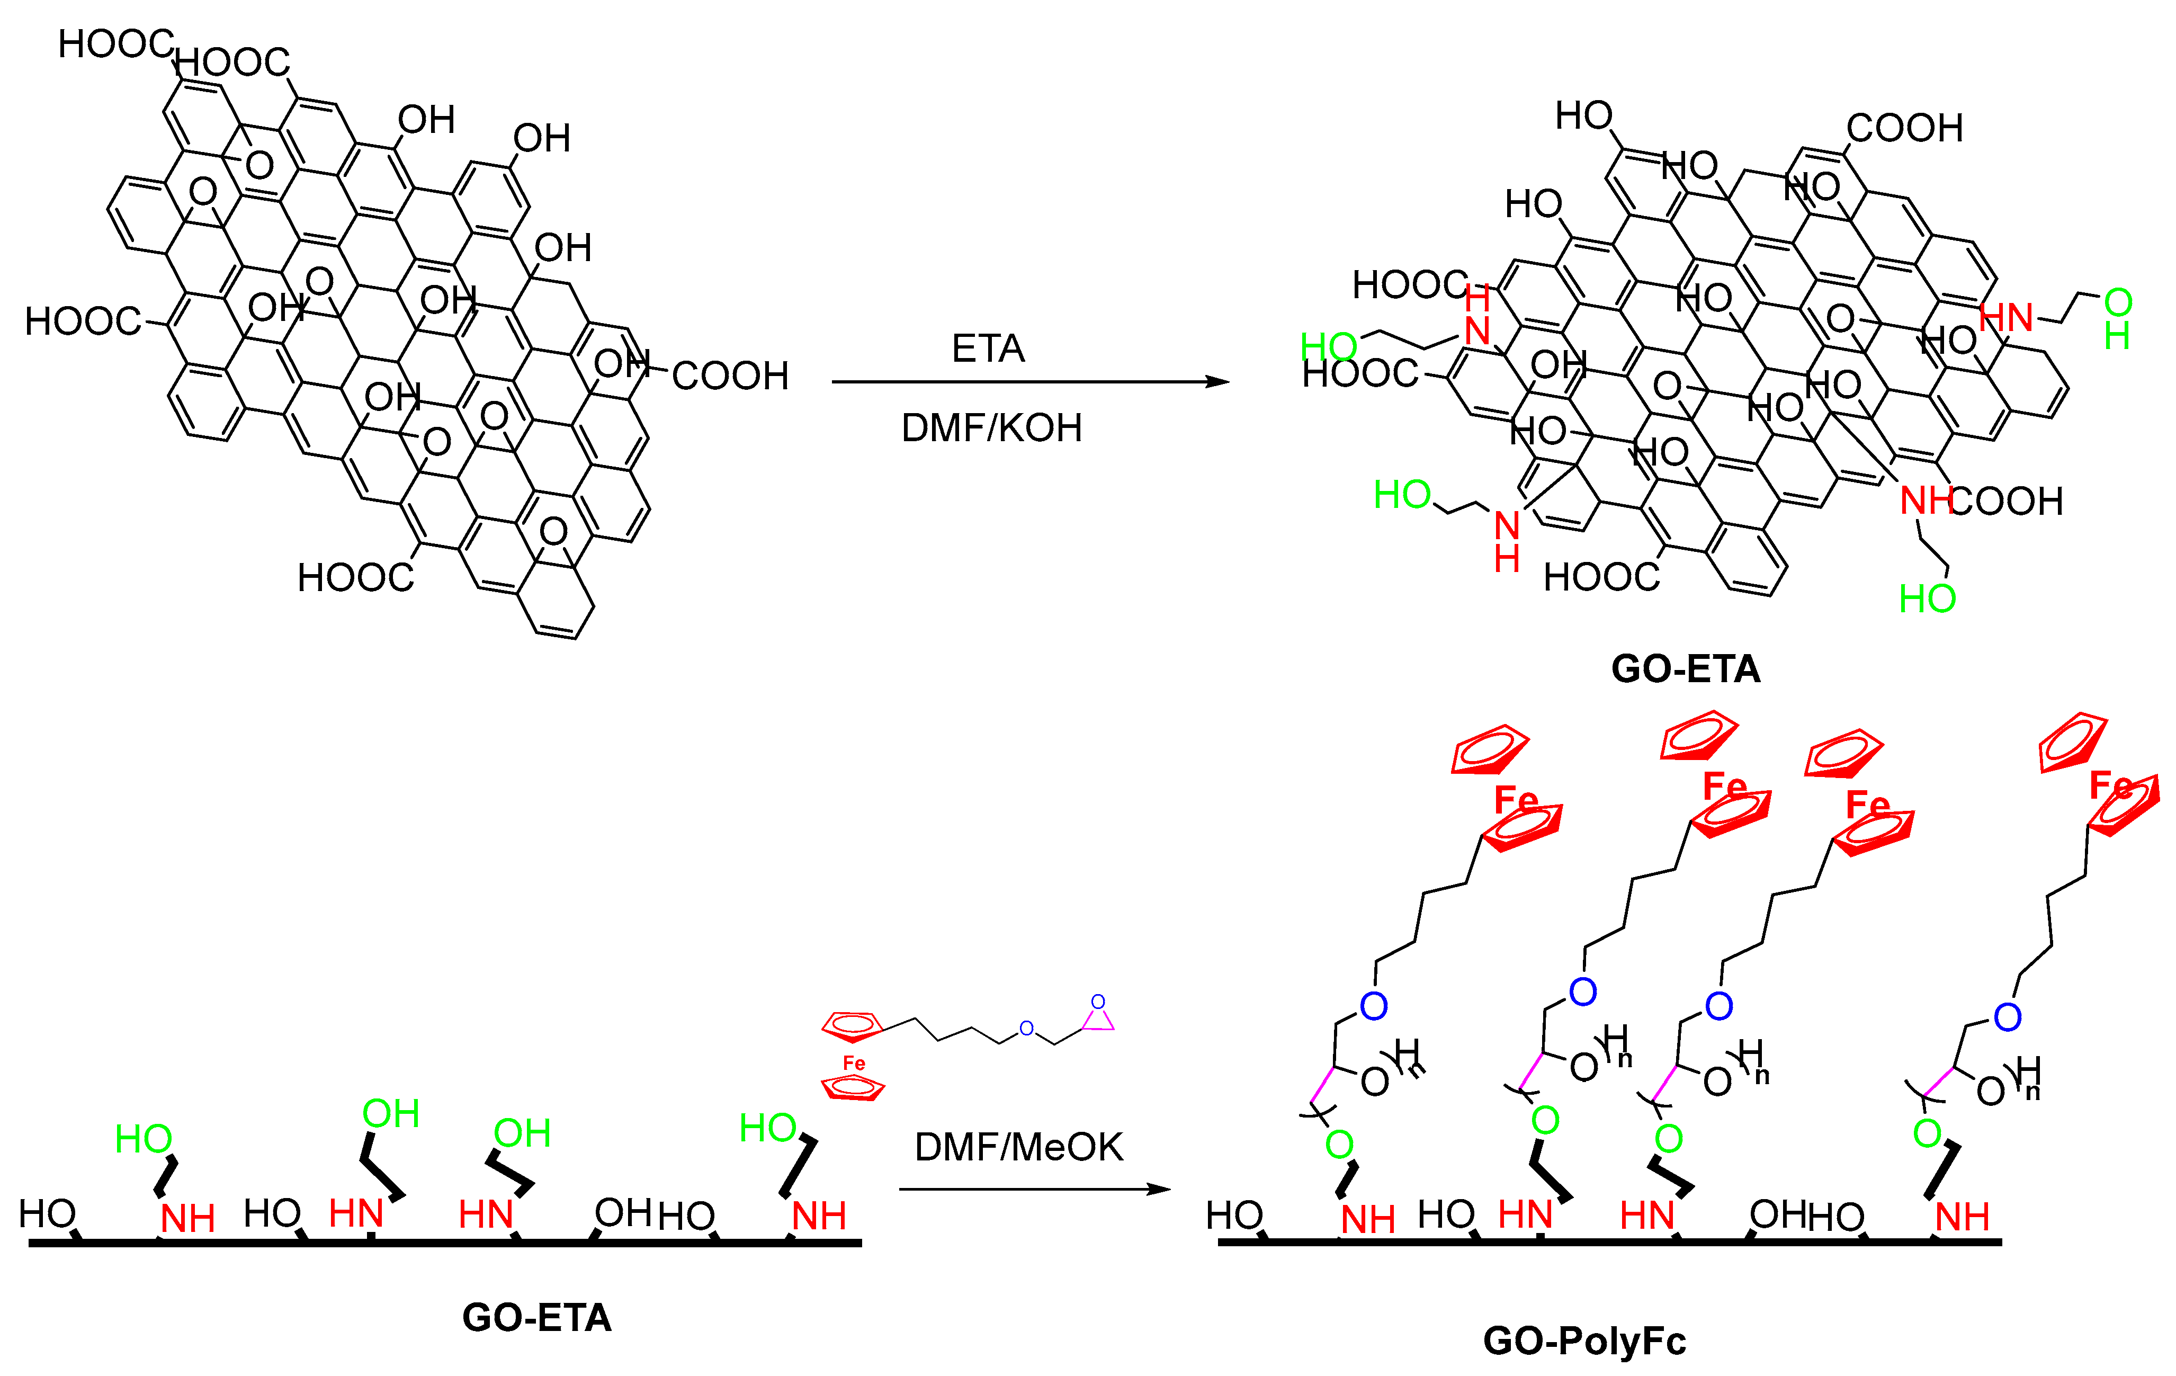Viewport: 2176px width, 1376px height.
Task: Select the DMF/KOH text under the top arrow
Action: pyautogui.click(x=991, y=427)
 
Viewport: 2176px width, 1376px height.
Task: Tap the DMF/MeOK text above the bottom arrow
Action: pyautogui.click(x=1018, y=1147)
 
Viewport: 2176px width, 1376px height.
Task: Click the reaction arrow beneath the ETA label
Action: pyautogui.click(x=1030, y=382)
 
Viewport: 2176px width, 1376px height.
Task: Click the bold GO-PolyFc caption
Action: pyautogui.click(x=1584, y=1341)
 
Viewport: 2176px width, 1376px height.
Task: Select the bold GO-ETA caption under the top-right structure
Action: pyautogui.click(x=1685, y=668)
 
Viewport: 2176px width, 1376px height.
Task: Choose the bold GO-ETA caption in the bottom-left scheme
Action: pyautogui.click(x=537, y=1317)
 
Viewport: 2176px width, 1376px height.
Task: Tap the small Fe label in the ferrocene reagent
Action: pyautogui.click(x=854, y=1064)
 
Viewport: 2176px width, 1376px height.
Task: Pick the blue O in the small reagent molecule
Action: pyautogui.click(x=1026, y=1028)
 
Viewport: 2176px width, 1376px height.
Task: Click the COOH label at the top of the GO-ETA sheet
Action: pyautogui.click(x=1904, y=128)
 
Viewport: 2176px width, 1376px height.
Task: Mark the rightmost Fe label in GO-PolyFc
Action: pyautogui.click(x=2110, y=786)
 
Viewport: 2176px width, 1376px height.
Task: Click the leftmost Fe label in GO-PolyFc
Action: pyautogui.click(x=1516, y=800)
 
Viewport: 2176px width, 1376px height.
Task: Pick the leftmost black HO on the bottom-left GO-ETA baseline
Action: pyautogui.click(x=47, y=1213)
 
